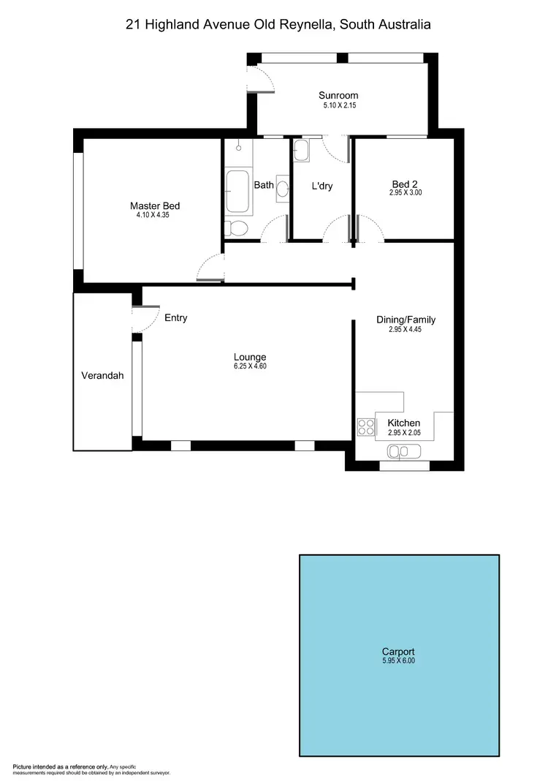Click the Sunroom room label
pyautogui.click(x=338, y=95)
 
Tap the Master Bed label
pyautogui.click(x=155, y=206)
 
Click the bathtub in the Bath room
pyautogui.click(x=237, y=192)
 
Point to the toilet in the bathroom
pyautogui.click(x=237, y=229)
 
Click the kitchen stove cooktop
pyautogui.click(x=365, y=426)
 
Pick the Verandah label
pyautogui.click(x=102, y=376)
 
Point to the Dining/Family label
pyautogui.click(x=406, y=320)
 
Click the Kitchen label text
pyautogui.click(x=403, y=423)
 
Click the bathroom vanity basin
pyautogui.click(x=283, y=188)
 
